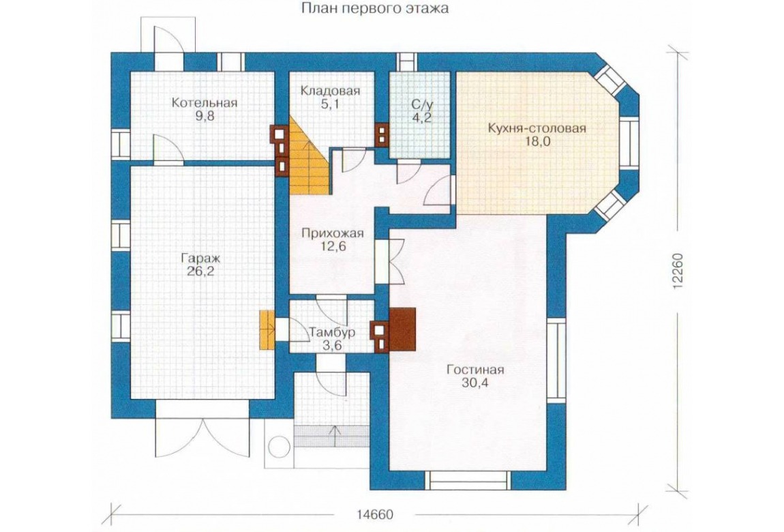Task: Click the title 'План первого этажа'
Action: click(374, 8)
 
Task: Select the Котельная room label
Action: click(204, 103)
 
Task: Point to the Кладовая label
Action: click(330, 91)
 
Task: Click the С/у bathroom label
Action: click(421, 105)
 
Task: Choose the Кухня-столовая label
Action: click(537, 128)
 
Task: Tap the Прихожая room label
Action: click(333, 233)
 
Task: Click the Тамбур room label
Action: click(332, 332)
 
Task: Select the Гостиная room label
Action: click(475, 370)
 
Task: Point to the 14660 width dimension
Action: click(375, 514)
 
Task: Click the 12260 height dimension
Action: click(678, 271)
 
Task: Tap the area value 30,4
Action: click(475, 383)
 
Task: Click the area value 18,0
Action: click(537, 141)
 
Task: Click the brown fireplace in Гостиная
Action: click(402, 329)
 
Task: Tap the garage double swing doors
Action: click(202, 437)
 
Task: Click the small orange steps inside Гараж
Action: click(267, 329)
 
